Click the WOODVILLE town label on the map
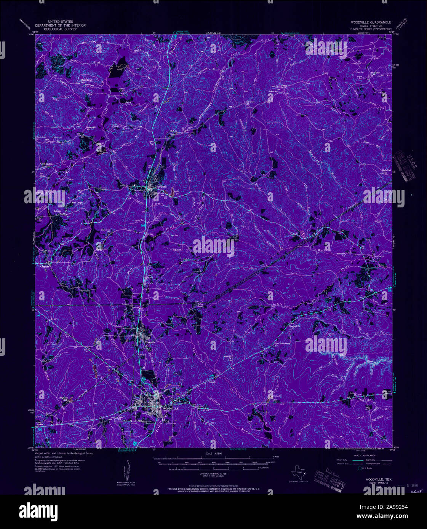[x=170, y=408]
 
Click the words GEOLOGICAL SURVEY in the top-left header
[x=61, y=29]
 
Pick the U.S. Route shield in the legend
[x=359, y=468]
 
